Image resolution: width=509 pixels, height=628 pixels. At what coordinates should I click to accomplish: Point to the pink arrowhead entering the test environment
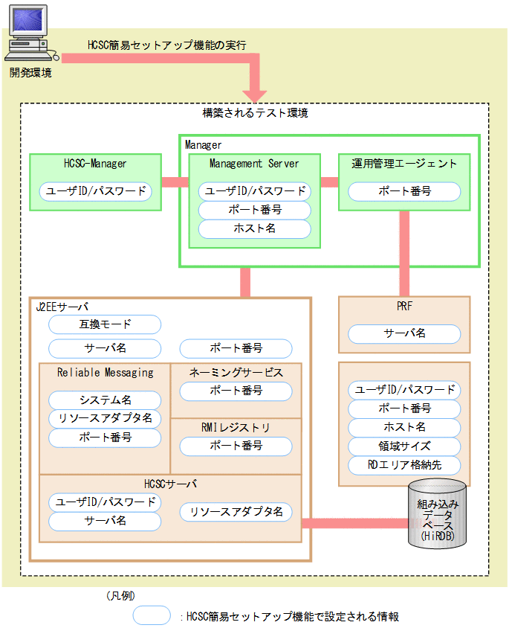[255, 94]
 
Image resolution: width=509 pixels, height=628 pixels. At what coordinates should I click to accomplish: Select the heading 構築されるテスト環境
[255, 114]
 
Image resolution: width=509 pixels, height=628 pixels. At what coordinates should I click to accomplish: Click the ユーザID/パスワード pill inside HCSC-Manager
[95, 191]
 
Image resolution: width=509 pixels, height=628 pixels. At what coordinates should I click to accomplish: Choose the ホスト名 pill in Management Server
[254, 228]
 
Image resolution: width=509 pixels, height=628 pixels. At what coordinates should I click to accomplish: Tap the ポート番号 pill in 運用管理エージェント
[404, 191]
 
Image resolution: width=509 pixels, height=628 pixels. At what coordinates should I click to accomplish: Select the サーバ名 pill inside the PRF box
[404, 333]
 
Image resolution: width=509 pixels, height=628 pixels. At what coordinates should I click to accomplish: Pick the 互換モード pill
[105, 324]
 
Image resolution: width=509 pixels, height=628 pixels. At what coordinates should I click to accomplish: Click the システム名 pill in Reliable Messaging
[105, 400]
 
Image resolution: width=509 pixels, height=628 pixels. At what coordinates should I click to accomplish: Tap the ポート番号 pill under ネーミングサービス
[236, 390]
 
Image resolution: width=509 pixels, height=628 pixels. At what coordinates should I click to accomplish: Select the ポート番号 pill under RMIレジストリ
[236, 446]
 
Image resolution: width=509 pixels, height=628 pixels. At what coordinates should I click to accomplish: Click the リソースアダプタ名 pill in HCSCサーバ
[236, 512]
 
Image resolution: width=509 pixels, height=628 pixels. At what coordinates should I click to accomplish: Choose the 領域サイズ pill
[404, 446]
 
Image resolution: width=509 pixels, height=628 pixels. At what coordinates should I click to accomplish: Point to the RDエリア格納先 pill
[404, 466]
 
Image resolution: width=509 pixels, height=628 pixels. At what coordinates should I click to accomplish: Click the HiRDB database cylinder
[438, 514]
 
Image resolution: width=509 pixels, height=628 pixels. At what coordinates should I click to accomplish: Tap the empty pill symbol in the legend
[152, 616]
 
